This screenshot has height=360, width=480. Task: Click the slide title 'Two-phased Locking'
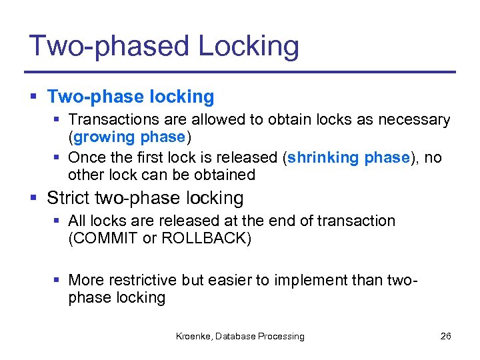[164, 47]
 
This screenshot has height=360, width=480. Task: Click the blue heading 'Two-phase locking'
[131, 97]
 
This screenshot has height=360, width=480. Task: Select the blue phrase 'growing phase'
[129, 137]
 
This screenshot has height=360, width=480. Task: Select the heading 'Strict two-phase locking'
[145, 198]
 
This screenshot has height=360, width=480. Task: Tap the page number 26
[445, 336]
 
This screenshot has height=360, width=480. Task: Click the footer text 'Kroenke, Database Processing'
[240, 336]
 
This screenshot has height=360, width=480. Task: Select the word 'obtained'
[224, 175]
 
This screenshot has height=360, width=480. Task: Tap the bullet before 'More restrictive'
[57, 280]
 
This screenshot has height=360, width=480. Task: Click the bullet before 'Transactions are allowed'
[57, 120]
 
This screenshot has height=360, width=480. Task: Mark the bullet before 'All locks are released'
[57, 221]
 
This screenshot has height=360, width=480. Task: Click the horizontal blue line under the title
[240, 72]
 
